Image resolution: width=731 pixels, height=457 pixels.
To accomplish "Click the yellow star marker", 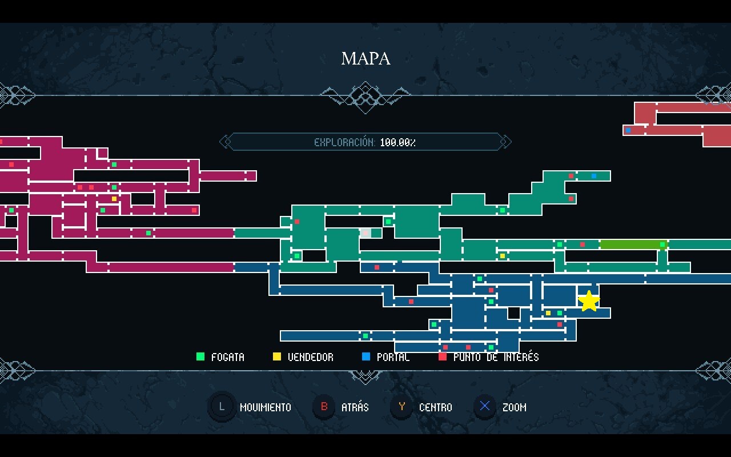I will coord(588,301).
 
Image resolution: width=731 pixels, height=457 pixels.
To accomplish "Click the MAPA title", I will coord(365,58).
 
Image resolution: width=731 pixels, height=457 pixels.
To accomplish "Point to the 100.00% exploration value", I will coord(397,142).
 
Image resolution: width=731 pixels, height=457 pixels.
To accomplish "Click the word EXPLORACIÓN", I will coord(344,142).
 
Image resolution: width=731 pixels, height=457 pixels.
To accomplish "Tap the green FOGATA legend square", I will coord(200,357).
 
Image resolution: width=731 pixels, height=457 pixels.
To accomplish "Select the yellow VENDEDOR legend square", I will coord(277,357).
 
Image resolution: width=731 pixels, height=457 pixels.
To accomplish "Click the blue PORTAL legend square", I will coord(366,357).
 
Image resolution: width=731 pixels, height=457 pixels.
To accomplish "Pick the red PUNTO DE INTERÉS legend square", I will coord(443,357).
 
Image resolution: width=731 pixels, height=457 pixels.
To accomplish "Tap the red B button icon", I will coord(324,407).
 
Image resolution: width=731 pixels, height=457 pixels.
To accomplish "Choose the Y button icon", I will coord(402,407).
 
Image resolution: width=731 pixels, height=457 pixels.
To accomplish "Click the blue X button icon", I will coord(485,407).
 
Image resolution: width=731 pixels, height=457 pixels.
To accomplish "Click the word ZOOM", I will coord(514,407).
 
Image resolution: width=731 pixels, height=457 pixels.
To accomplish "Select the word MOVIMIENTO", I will coord(265,407).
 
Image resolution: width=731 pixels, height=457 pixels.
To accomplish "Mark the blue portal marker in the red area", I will coord(628,130).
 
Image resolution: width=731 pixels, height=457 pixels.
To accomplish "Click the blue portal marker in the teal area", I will coord(594,176).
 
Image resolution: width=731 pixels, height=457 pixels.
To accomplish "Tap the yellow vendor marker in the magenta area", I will coord(114,199).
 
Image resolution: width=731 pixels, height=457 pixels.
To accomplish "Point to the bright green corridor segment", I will coord(631,244).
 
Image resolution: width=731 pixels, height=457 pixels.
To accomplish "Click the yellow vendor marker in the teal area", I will coord(503,256).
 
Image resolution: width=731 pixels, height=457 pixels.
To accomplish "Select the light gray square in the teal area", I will coord(365,233).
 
